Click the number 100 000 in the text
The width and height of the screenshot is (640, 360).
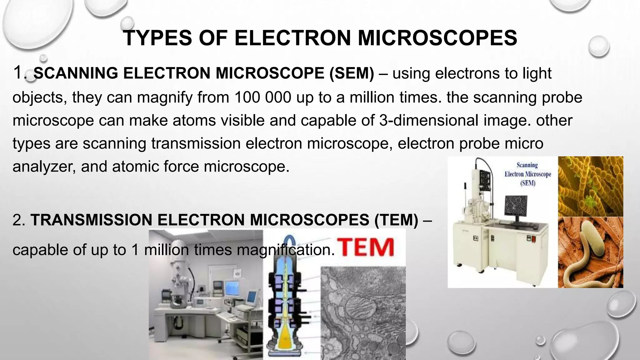tap(263, 97)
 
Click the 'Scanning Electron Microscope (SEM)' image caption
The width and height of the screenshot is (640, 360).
tap(527, 174)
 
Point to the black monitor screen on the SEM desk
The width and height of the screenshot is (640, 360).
tap(516, 207)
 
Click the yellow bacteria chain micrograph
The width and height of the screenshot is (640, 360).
tap(590, 186)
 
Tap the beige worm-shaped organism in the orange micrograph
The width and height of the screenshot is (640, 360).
tap(587, 253)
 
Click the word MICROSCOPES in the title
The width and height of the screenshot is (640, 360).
tap(437, 38)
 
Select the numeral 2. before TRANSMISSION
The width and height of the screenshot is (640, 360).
tap(19, 220)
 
